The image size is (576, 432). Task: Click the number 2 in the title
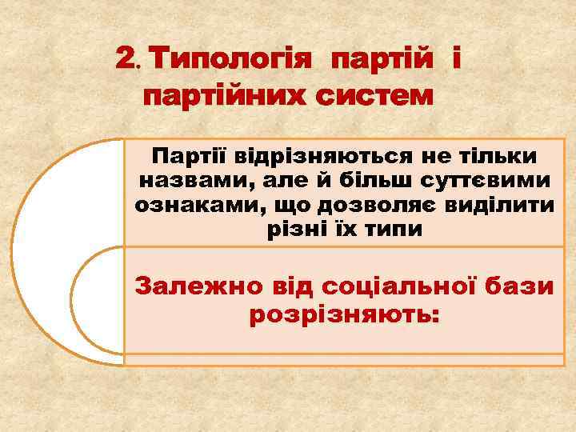tap(126, 58)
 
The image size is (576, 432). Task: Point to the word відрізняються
tap(302, 155)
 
